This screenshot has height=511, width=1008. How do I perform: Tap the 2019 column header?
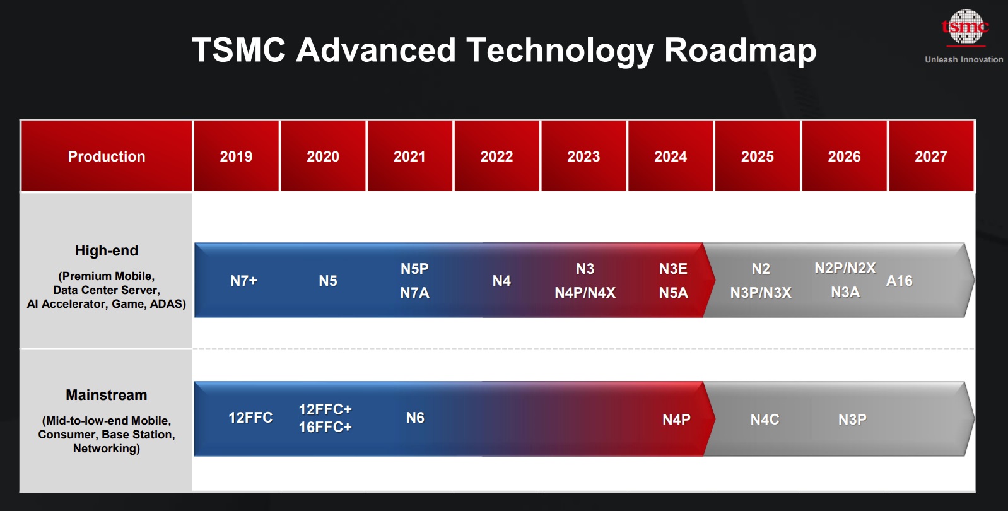[236, 156]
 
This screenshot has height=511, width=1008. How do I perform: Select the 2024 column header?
[671, 156]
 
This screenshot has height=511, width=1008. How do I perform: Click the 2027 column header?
[931, 156]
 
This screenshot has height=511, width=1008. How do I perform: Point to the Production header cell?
[107, 156]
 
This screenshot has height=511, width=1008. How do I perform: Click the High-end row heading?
[107, 250]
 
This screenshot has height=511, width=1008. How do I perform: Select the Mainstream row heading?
[107, 395]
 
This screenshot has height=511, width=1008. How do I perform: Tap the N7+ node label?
[243, 281]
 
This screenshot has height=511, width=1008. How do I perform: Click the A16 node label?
[900, 281]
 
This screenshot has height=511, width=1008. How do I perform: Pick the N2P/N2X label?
[845, 268]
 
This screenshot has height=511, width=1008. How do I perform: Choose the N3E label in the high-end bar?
[673, 269]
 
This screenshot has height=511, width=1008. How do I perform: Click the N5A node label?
[673, 293]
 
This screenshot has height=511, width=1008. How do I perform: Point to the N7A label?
[414, 293]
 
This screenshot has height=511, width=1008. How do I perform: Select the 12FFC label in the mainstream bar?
[250, 418]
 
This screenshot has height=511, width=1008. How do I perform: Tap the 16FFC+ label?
[325, 427]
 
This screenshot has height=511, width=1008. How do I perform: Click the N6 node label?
[415, 418]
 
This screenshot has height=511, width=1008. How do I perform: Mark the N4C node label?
[765, 420]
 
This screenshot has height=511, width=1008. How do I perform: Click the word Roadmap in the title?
[740, 50]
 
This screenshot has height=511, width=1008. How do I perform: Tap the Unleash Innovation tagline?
[964, 60]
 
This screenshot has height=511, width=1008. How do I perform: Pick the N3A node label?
[845, 292]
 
